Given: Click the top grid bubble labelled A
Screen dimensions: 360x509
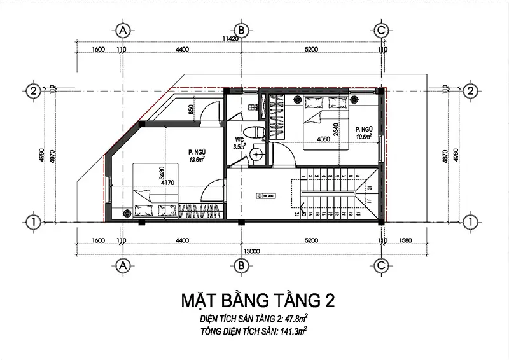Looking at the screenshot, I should click(123, 31).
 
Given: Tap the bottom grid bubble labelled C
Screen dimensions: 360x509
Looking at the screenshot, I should click(381, 264).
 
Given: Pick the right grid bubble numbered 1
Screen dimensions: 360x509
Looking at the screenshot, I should click(471, 221).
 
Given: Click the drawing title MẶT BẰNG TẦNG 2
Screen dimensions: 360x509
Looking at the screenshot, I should click(254, 300).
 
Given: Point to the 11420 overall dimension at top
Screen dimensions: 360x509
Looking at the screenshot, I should click(238, 39).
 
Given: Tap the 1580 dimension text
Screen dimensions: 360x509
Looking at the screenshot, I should click(405, 240).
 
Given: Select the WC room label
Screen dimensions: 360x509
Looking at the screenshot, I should click(241, 139).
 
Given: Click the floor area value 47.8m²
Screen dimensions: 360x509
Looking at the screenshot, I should click(296, 317).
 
